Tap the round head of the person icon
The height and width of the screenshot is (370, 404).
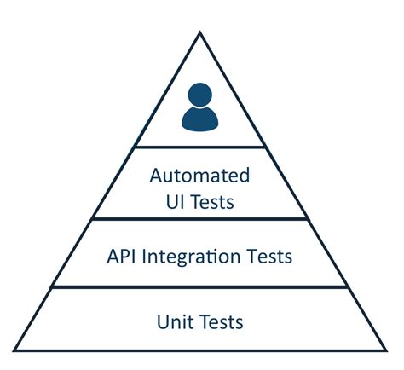coord(200,95)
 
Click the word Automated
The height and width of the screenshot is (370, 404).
coord(200,176)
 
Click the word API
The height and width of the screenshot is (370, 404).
coord(124,256)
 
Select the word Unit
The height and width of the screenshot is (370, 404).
coord(175,321)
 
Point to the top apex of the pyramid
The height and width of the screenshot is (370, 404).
coord(200,33)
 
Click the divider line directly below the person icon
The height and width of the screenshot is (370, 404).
coord(200,147)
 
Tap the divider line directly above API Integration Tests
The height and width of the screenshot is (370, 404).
coord(200,219)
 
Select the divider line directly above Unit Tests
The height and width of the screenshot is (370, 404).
coord(200,287)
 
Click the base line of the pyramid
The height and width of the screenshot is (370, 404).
coord(200,350)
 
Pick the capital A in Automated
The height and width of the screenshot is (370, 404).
coord(157,176)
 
